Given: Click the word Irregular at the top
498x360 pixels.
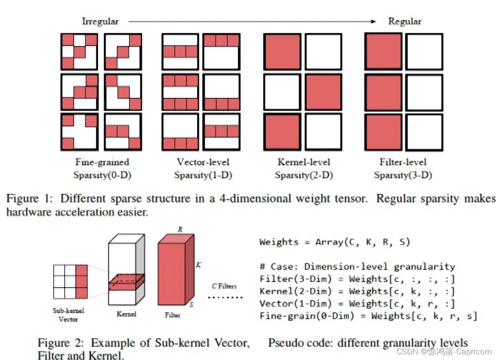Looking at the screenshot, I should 100,21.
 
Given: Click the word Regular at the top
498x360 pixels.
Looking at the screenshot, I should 405,21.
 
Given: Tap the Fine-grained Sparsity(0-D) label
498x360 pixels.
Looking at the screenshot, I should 102,169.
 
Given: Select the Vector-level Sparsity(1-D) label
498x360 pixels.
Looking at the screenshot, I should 203,169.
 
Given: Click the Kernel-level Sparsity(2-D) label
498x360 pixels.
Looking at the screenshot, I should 304,169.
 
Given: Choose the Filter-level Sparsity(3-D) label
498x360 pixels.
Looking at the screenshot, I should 403,169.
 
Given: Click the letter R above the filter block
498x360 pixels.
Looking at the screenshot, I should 180,229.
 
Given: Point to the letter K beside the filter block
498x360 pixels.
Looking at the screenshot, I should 198,264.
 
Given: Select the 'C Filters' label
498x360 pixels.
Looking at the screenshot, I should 224,286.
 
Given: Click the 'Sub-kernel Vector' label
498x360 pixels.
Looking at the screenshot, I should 68,315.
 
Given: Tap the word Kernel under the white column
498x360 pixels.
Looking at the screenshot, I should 126,314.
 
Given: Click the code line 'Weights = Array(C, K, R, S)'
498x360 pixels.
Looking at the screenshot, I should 334,242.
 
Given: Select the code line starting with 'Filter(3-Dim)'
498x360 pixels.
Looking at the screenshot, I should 357,279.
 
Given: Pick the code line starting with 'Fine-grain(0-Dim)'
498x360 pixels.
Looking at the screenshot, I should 368,316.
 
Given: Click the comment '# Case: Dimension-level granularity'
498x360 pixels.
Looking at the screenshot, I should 357,267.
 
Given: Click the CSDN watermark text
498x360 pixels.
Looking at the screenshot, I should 449,352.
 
